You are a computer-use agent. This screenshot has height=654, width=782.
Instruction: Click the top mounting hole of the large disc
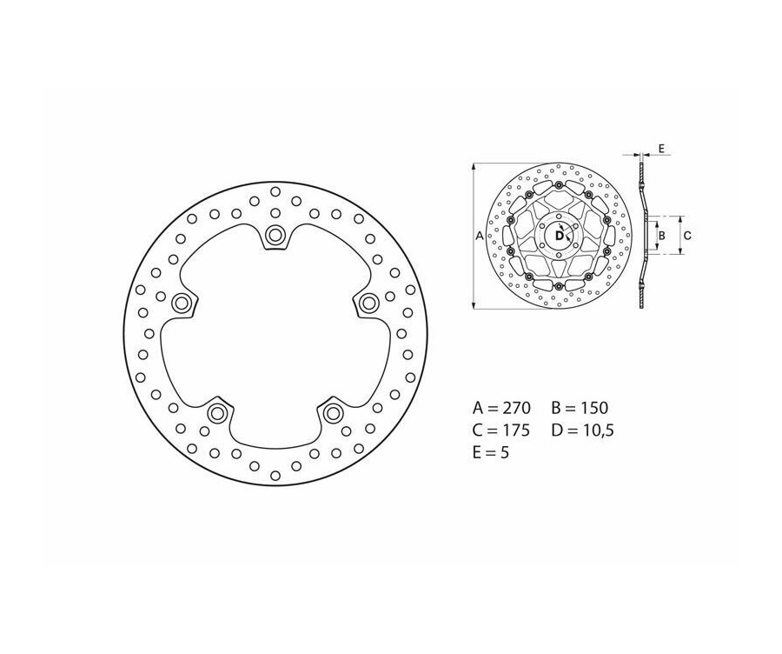click(275, 233)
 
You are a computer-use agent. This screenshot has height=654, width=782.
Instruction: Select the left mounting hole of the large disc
click(182, 302)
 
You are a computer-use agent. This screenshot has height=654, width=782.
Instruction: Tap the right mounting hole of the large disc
click(368, 302)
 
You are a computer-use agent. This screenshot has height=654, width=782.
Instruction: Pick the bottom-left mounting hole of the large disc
click(217, 411)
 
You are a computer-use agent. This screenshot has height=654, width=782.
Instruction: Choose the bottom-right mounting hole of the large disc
click(333, 411)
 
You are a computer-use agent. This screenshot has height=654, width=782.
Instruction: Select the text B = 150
click(580, 407)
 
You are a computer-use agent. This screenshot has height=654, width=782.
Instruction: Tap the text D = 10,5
click(582, 430)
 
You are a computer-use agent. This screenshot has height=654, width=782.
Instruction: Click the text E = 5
click(493, 452)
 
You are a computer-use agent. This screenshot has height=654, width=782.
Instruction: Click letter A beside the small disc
click(480, 235)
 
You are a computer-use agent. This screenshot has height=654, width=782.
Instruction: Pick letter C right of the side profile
click(686, 235)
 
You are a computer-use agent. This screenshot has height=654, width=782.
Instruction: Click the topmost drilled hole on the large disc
click(275, 192)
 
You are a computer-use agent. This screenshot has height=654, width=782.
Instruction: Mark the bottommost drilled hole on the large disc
click(275, 475)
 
